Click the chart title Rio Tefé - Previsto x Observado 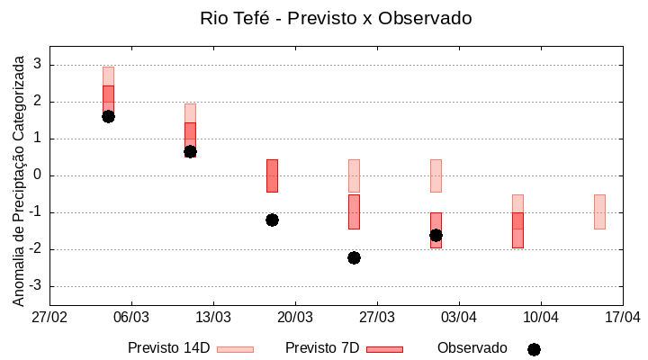tap(336, 18)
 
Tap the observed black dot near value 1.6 tap(108, 116)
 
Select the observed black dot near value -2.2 tap(354, 257)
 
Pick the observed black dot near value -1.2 tap(272, 220)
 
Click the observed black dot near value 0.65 tap(190, 151)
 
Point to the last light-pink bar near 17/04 tap(599, 211)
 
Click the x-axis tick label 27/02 tap(49, 318)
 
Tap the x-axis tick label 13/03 tap(213, 318)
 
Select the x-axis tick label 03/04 tap(459, 318)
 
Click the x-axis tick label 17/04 tap(622, 318)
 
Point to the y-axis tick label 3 tap(38, 65)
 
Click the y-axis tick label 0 tap(38, 175)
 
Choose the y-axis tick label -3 tap(35, 286)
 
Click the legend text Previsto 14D tap(168, 348)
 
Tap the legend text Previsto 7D tap(322, 348)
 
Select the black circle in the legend tap(534, 349)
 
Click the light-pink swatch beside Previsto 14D tap(235, 349)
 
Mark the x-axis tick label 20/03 tap(295, 318)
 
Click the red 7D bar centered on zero tap(272, 175)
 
